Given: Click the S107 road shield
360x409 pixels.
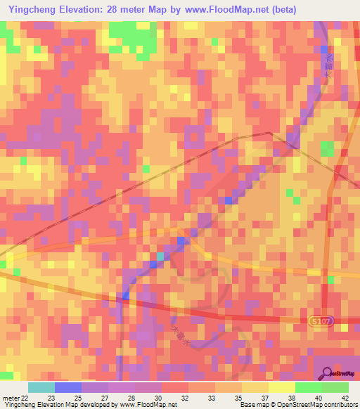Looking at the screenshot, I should pyautogui.click(x=319, y=320).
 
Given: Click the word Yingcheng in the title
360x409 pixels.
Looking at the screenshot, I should pyautogui.click(x=34, y=10).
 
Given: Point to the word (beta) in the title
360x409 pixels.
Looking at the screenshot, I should pyautogui.click(x=280, y=10).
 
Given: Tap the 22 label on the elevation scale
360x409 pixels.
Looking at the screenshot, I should pyautogui.click(x=25, y=398).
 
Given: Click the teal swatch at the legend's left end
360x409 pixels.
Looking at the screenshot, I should pyautogui.click(x=41, y=387).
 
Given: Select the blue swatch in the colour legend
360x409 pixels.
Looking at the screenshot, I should pyautogui.click(x=67, y=387).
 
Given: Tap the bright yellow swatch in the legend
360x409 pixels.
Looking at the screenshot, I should pyautogui.click(x=281, y=387).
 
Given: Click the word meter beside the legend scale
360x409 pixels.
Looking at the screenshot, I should pyautogui.click(x=10, y=398).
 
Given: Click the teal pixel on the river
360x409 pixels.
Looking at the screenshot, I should pyautogui.click(x=161, y=257).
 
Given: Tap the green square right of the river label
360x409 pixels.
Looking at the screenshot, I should pyautogui.click(x=328, y=149).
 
